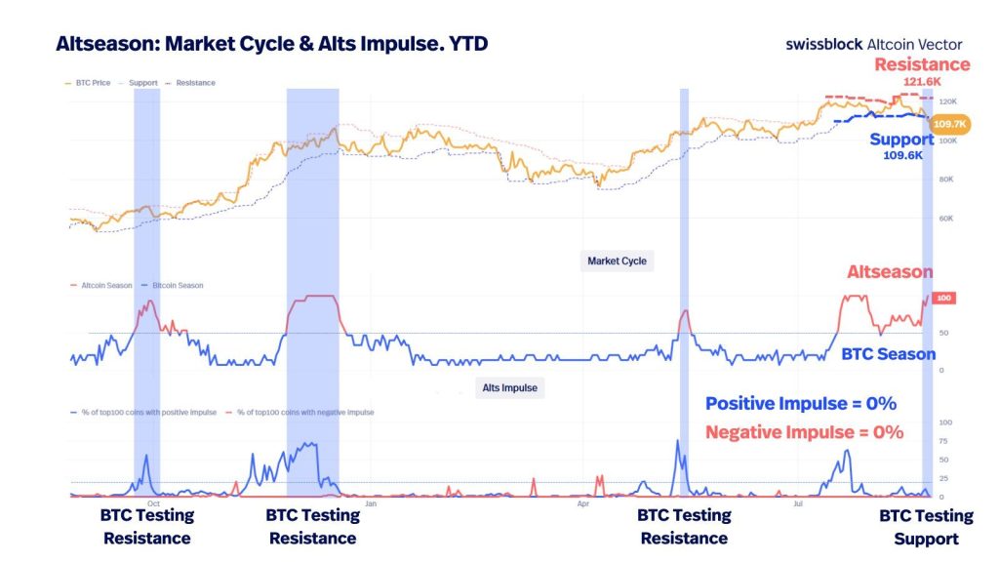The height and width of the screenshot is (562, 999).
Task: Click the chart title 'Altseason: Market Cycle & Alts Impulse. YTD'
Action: pyautogui.click(x=271, y=44)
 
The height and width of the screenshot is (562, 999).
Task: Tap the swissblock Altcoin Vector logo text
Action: pyautogui.click(x=873, y=44)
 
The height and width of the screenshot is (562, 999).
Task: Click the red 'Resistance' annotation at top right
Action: pyautogui.click(x=922, y=64)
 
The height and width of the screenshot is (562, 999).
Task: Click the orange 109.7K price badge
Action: pyautogui.click(x=949, y=124)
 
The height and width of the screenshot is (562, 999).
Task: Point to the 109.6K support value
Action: pyautogui.click(x=901, y=155)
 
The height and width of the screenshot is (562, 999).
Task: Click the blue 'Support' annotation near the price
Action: pyautogui.click(x=901, y=140)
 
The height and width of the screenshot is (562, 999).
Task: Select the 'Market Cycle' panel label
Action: pyautogui.click(x=617, y=261)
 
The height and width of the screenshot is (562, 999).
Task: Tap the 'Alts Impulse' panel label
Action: pyautogui.click(x=509, y=387)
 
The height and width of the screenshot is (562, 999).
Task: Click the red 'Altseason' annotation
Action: pyautogui.click(x=889, y=272)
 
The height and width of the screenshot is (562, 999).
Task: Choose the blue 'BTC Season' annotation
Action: pyautogui.click(x=888, y=354)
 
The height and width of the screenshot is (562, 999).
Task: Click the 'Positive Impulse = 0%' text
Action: pyautogui.click(x=800, y=404)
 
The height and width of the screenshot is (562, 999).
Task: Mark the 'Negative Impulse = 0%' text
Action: pyautogui.click(x=804, y=431)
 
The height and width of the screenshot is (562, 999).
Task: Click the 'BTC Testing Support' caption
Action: pyautogui.click(x=926, y=527)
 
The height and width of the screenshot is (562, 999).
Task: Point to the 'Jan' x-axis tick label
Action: pyautogui.click(x=371, y=504)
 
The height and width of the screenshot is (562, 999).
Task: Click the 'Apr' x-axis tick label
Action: pyautogui.click(x=583, y=504)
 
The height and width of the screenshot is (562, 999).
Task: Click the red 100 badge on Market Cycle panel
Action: pyautogui.click(x=943, y=298)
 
